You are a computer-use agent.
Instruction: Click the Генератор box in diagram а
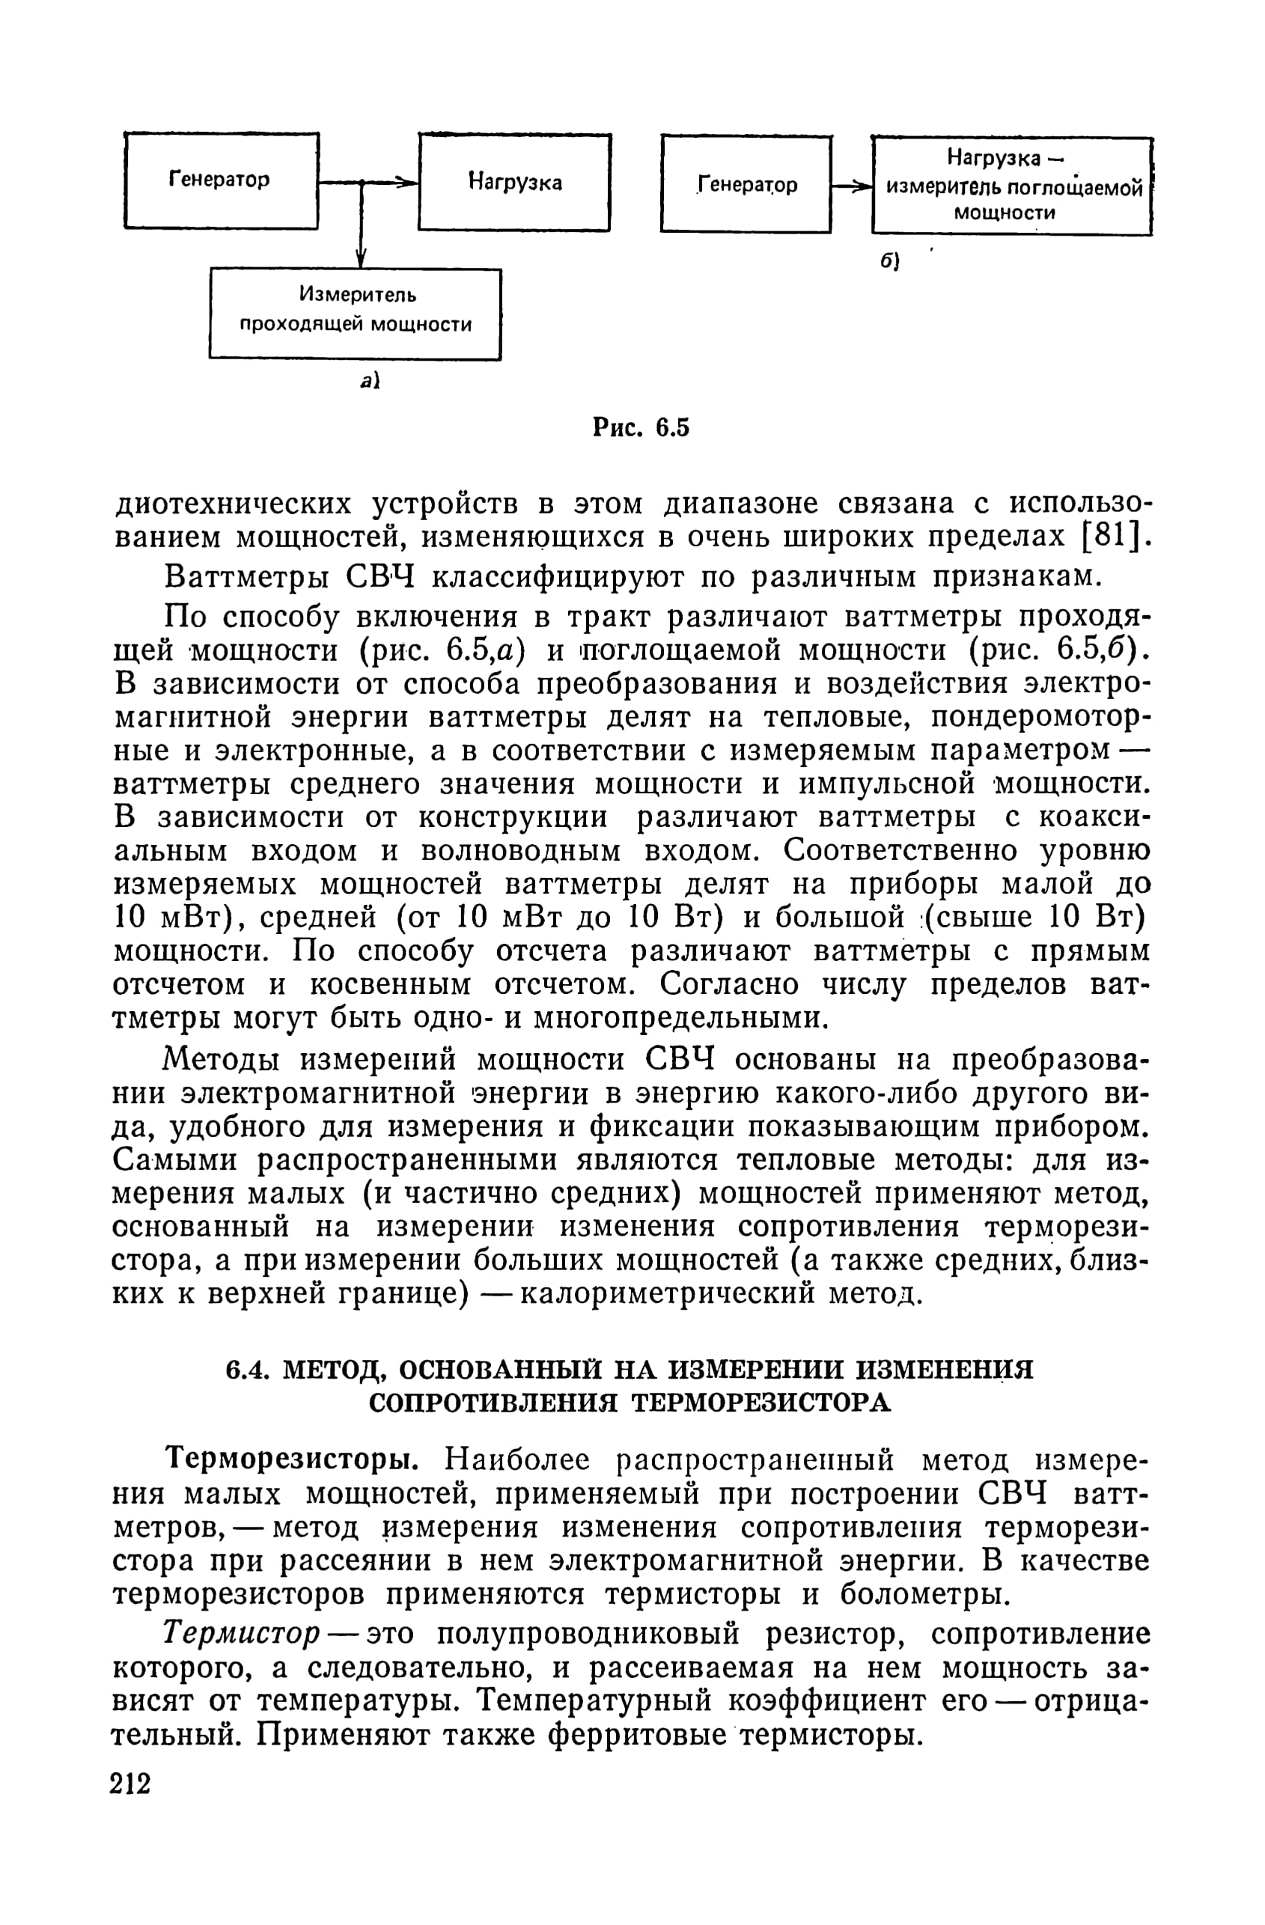pyautogui.click(x=220, y=180)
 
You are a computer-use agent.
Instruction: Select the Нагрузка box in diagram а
pyautogui.click(x=514, y=183)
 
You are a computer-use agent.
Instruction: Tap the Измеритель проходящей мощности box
pyautogui.click(x=355, y=313)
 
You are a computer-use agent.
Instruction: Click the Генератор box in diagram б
pyautogui.click(x=746, y=184)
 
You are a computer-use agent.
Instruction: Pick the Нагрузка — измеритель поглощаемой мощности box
pyautogui.click(x=1011, y=186)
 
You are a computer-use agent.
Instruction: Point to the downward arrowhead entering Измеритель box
pyautogui.click(x=361, y=257)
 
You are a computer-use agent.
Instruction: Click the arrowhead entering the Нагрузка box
pyautogui.click(x=408, y=183)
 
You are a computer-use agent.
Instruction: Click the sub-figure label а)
pyautogui.click(x=370, y=380)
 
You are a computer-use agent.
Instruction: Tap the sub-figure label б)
pyautogui.click(x=891, y=260)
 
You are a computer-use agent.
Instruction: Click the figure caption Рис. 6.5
pyautogui.click(x=641, y=427)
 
